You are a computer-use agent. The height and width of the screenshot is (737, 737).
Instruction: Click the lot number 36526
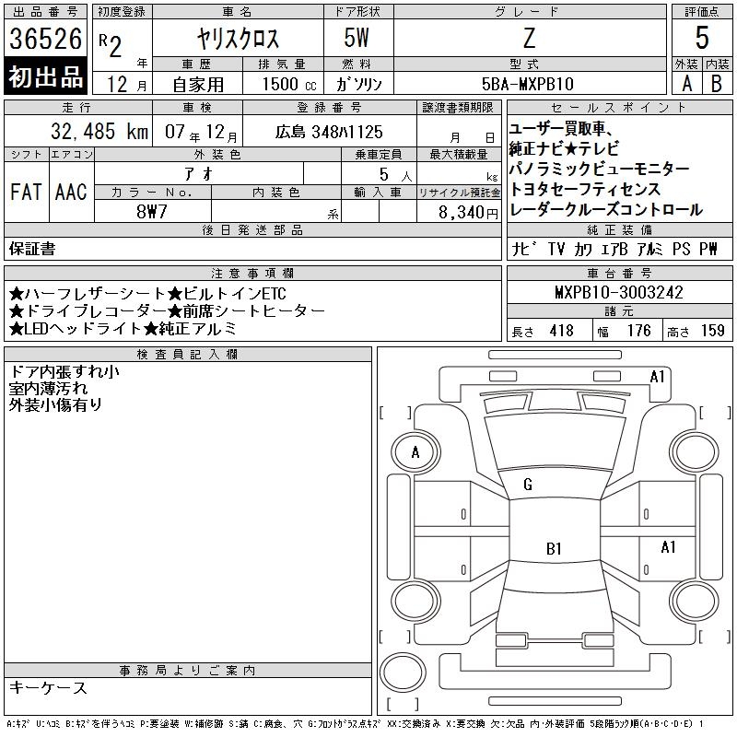[45, 39]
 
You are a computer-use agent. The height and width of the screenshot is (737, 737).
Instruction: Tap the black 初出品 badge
[45, 76]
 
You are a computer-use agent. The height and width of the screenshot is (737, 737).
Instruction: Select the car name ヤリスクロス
[238, 39]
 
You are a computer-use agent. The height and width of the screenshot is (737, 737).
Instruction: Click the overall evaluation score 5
[702, 38]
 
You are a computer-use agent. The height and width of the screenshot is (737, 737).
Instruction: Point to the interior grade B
[717, 84]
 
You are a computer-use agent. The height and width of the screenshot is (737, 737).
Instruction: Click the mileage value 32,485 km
[99, 131]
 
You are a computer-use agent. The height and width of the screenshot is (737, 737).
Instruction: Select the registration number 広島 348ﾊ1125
[329, 132]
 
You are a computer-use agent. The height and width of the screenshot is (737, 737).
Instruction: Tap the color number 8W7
[152, 212]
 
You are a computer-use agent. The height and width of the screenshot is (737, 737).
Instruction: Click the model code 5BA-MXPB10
[528, 84]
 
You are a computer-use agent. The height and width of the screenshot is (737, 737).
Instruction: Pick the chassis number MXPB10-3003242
[618, 292]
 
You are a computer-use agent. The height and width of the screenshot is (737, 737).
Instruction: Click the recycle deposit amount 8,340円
[468, 213]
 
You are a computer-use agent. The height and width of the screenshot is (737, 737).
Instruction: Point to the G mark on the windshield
[528, 485]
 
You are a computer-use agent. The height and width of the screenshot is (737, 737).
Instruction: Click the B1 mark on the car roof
[555, 548]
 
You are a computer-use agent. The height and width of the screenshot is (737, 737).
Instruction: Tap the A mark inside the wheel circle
[415, 452]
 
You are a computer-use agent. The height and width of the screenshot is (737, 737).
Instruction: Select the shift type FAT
[26, 192]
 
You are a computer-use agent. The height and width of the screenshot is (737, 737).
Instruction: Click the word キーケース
[48, 687]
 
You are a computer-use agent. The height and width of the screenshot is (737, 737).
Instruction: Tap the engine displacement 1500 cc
[289, 84]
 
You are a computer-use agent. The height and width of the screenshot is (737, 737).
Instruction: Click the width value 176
[638, 331]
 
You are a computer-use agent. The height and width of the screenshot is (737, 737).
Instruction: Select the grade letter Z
[529, 38]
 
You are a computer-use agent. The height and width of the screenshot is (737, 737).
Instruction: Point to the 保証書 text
[32, 249]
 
